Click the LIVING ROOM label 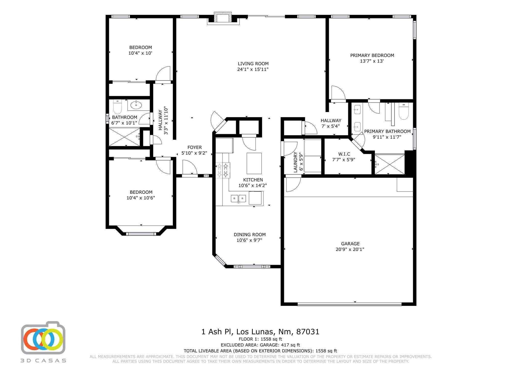coord(253,64)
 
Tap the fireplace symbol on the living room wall coord(223,18)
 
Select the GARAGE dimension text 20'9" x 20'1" coord(350,249)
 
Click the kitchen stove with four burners coord(223,170)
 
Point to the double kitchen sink coord(238,198)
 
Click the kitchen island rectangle coord(254,163)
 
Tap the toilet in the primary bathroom coord(403,111)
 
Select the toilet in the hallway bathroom coord(118,107)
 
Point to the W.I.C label coord(344,154)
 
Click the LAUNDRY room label coord(296,162)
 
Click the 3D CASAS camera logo coord(43,338)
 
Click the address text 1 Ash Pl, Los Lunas coord(260,332)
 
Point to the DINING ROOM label coord(250,234)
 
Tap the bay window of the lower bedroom coord(141,233)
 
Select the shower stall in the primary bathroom coord(389,164)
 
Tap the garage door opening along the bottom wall coord(349,304)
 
